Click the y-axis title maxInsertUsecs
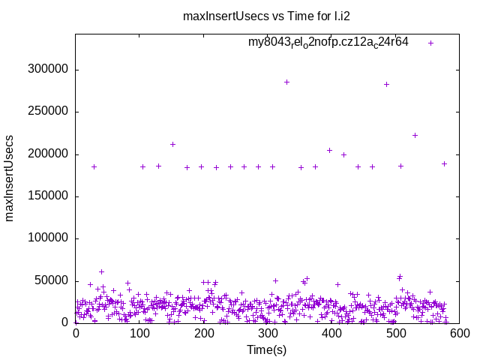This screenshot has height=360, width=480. (10, 178)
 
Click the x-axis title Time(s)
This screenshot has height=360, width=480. (267, 349)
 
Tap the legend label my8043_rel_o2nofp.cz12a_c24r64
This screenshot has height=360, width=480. (328, 43)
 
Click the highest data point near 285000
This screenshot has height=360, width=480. (286, 82)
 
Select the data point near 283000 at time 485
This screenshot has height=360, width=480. (386, 84)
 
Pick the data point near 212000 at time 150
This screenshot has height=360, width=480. (172, 144)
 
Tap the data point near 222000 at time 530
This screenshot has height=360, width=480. (415, 135)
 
